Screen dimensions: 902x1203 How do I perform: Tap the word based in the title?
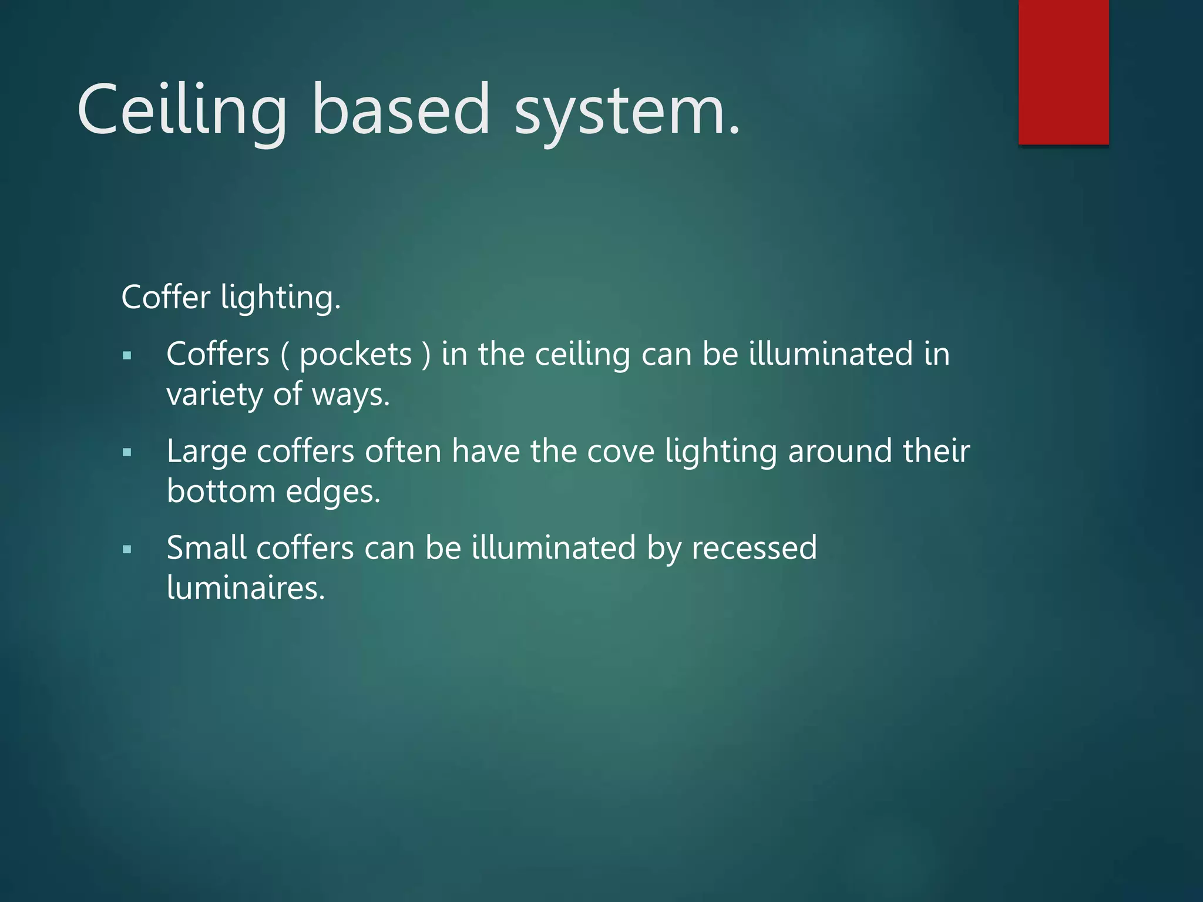coord(401,110)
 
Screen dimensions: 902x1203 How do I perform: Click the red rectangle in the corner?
coord(1063,72)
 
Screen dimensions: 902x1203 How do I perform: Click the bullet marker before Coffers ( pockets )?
coord(127,355)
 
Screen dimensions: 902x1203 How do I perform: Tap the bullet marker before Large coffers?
coord(127,452)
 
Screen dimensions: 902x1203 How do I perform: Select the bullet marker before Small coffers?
coord(127,550)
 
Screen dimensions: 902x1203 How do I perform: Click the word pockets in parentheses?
coord(356,355)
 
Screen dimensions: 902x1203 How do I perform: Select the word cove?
coord(621,452)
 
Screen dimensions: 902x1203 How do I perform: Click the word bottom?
coord(221,491)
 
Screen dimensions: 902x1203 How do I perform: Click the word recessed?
coord(754,548)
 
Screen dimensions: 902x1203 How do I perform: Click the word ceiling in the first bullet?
coord(582,355)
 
